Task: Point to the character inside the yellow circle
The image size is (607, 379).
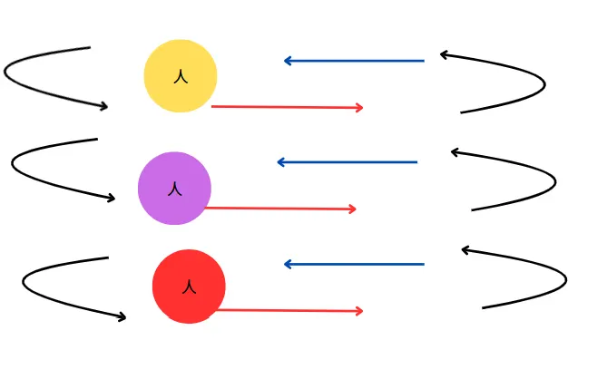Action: [x=181, y=77]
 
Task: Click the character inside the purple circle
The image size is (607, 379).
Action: [x=175, y=189]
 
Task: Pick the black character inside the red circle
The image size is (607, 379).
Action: [x=189, y=287]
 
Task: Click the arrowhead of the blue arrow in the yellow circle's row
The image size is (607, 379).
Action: [x=286, y=61]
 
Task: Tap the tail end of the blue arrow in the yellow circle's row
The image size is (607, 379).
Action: [x=424, y=61]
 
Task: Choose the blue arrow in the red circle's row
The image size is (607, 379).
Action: [x=354, y=264]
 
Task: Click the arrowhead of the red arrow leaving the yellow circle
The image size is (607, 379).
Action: [x=361, y=108]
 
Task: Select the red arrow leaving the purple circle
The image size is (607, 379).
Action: [x=281, y=209]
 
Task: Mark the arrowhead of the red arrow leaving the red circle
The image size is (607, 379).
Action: [x=361, y=311]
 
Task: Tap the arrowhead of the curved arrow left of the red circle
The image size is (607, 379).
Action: [x=123, y=317]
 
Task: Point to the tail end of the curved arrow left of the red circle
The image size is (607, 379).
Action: [x=108, y=258]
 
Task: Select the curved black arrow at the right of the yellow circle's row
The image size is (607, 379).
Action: [x=543, y=85]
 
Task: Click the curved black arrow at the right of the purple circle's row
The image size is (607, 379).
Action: [x=553, y=182]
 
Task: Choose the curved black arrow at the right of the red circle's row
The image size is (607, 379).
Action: [x=564, y=280]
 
